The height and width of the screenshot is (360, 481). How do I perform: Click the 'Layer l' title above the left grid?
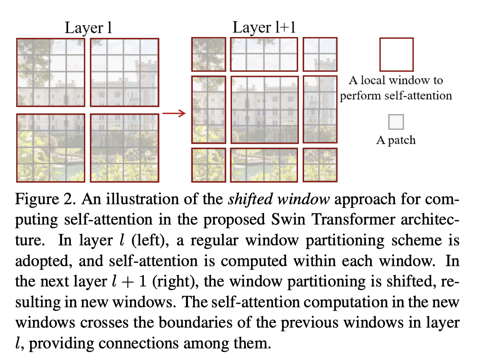point(88,29)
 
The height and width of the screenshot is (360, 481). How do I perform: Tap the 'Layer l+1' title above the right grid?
point(264,28)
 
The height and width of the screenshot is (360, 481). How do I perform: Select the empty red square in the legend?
point(396,55)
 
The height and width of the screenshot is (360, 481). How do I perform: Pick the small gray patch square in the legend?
point(396,122)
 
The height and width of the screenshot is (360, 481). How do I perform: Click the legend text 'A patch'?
point(396,140)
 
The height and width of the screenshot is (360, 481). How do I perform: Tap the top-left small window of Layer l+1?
point(208,55)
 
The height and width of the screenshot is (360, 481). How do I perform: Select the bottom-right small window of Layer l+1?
point(320,165)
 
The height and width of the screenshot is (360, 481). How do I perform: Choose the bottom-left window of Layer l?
point(51,148)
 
